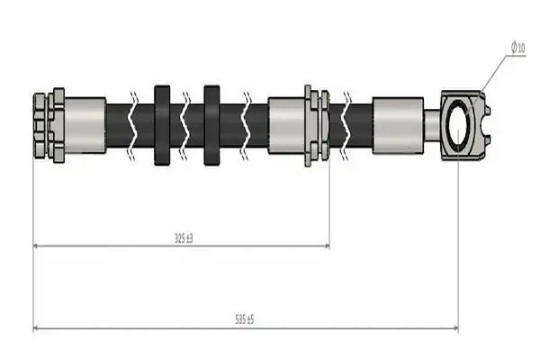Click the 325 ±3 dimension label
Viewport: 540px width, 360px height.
point(184,238)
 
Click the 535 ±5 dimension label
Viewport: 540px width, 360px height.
point(245,319)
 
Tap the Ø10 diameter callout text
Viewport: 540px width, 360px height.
point(518,47)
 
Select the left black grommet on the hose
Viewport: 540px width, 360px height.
point(162,125)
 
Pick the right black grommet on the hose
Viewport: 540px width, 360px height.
point(211,125)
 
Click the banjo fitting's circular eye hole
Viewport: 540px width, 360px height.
point(458,125)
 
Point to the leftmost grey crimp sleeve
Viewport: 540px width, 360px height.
point(85,125)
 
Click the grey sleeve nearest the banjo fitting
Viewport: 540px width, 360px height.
point(398,125)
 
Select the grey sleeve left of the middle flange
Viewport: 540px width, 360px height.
point(286,125)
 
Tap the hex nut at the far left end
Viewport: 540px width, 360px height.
point(40,126)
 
